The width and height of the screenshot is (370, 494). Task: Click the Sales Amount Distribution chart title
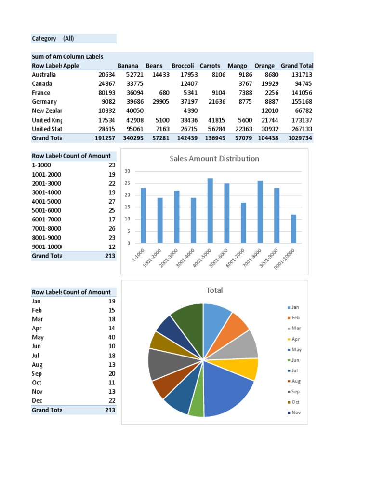click(214, 159)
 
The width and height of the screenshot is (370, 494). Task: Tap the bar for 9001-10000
click(293, 229)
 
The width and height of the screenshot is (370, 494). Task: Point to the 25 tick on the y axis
click(128, 183)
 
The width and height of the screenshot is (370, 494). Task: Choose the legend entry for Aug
click(295, 381)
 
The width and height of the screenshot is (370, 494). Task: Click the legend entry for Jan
click(295, 307)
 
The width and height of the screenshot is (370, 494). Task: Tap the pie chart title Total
click(214, 290)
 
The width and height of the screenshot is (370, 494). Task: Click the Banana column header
click(128, 66)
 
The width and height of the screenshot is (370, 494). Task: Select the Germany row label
click(44, 102)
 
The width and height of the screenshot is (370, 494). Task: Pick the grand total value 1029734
click(300, 138)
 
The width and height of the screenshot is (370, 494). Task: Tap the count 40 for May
click(112, 337)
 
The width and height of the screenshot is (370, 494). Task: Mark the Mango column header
click(237, 66)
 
